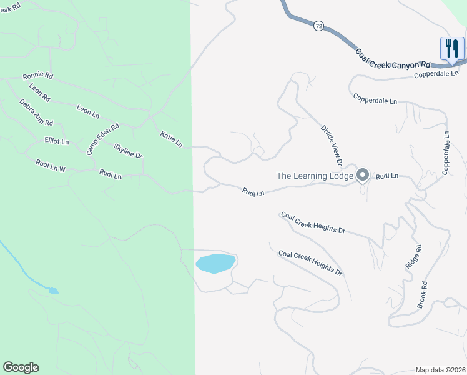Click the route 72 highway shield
pos(319,26)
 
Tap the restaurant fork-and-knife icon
pos(451,49)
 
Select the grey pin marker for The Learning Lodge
pos(363,175)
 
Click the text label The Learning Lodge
pos(315,176)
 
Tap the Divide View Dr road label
pos(332,145)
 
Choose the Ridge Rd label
pos(414,256)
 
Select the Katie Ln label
pos(171,139)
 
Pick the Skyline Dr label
pos(128,151)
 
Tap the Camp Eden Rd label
pos(102,139)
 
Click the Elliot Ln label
pos(56,141)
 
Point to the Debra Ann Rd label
pos(36,112)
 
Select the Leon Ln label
pos(88,111)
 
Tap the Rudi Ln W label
pos(51,166)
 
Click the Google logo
pos(21,367)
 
